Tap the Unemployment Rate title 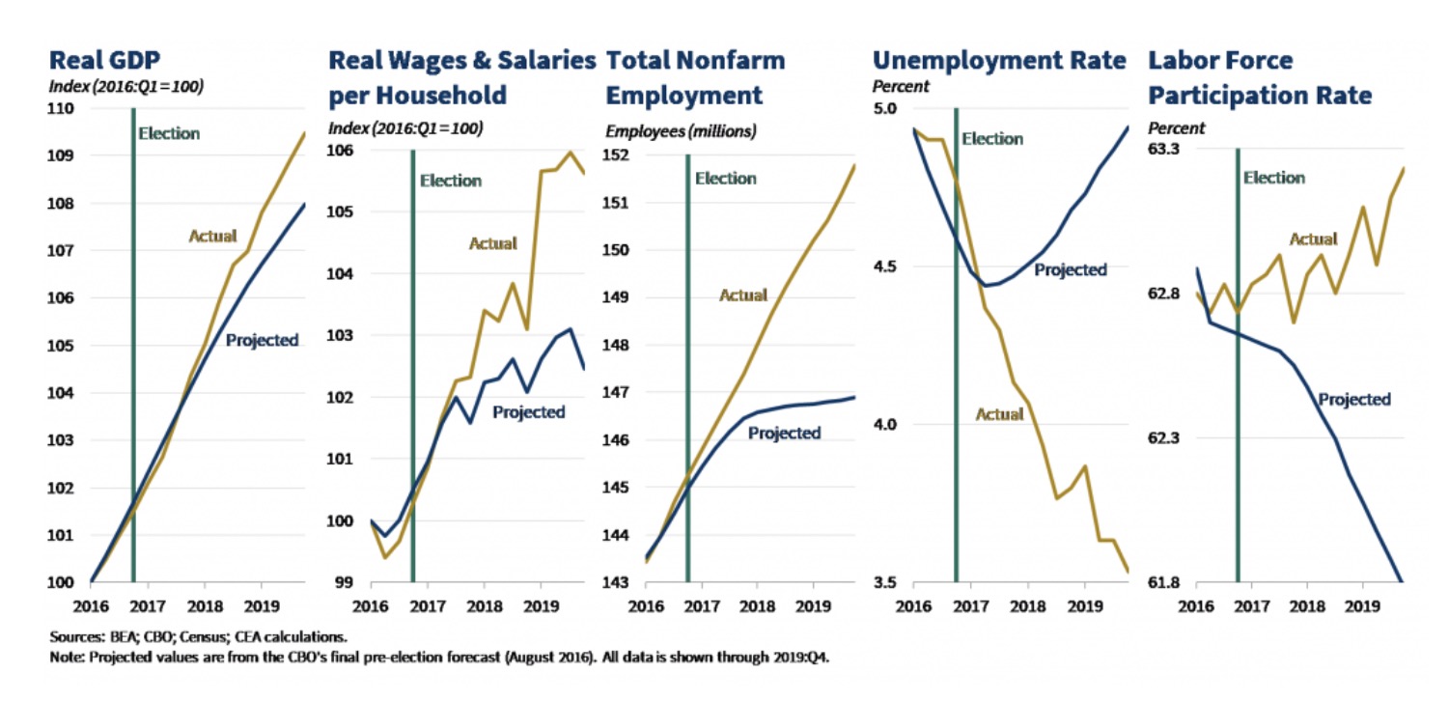999,61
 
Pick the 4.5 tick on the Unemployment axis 886,267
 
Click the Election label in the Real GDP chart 169,134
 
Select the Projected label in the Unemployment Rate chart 1070,269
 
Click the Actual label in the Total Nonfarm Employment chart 743,295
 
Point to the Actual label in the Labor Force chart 1313,239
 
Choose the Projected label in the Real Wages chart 528,412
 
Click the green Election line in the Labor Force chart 1237,386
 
